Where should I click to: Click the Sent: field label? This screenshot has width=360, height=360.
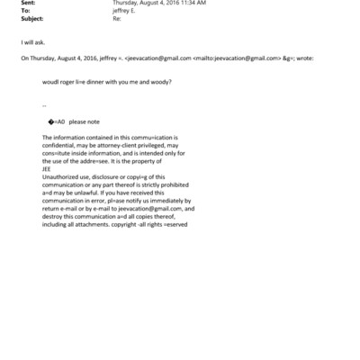[26, 4]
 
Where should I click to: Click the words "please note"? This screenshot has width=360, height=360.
[86, 121]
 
